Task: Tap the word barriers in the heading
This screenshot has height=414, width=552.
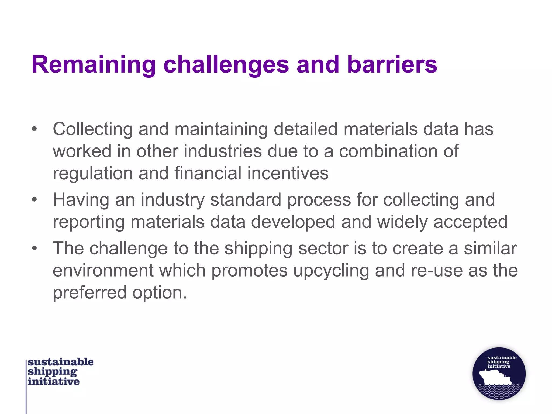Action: tap(392, 65)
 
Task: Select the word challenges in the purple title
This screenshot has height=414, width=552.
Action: tap(226, 65)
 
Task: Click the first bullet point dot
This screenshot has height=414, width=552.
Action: tap(34, 129)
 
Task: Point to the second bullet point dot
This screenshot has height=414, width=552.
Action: tap(34, 200)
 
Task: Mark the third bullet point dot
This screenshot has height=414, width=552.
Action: tap(34, 248)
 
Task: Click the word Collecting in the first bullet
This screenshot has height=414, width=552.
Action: tap(92, 129)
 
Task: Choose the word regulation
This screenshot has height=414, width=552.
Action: tap(92, 173)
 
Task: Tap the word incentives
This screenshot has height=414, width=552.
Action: tap(288, 173)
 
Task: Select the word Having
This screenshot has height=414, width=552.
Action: tap(81, 200)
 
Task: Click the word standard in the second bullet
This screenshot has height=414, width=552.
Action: tap(246, 200)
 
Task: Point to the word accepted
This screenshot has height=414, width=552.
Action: tap(470, 222)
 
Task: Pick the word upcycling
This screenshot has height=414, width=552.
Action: tap(331, 271)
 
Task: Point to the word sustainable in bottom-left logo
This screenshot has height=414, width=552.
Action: tap(61, 362)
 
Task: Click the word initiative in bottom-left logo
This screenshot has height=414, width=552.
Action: tap(54, 382)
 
